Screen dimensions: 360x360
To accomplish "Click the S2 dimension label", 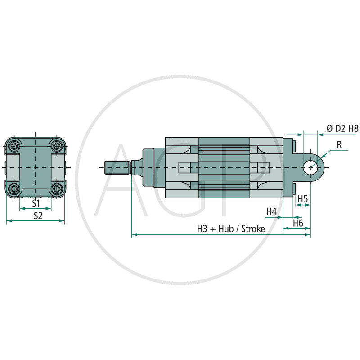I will [x=38, y=216].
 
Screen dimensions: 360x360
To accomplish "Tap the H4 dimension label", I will [x=271, y=211].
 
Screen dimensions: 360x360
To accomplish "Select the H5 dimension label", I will [x=303, y=198].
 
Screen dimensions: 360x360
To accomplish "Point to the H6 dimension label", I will [x=298, y=223].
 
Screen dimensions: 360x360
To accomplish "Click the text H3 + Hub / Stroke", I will [x=231, y=229].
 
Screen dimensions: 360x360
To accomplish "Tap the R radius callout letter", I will [x=339, y=145].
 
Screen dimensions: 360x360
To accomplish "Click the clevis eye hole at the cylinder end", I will [x=310, y=167].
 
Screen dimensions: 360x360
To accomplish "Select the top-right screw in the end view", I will [x=56, y=146].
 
